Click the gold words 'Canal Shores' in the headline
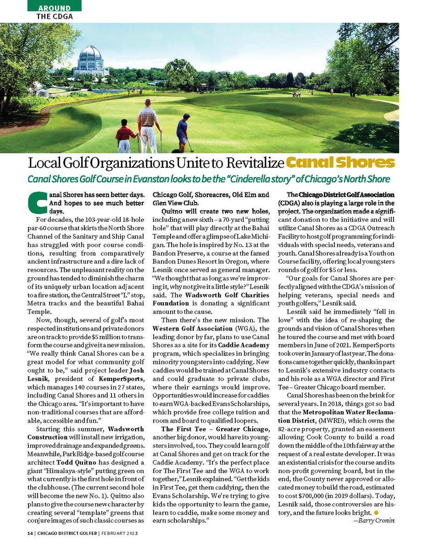point(340,163)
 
